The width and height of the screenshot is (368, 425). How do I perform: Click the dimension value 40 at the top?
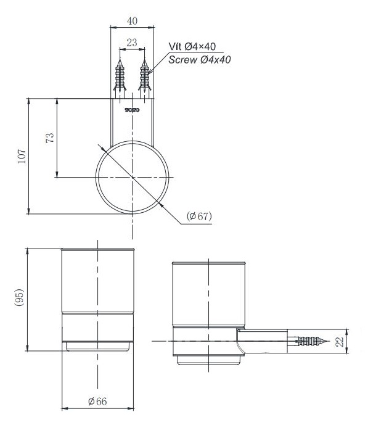coord(131,20)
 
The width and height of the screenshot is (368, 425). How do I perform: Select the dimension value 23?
coord(131,44)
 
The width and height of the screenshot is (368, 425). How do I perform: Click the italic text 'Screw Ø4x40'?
coord(199,59)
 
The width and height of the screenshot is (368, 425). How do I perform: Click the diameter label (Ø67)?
coord(198,216)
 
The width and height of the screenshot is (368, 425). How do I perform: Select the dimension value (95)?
coord(20,299)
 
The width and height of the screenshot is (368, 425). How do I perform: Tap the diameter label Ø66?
coord(97,402)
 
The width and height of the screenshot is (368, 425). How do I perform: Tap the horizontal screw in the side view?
coord(311,340)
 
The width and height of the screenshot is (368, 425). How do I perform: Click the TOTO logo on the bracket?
coord(132,110)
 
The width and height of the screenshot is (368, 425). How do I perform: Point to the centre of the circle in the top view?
coord(132,178)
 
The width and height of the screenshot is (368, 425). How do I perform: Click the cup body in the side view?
coord(210,293)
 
